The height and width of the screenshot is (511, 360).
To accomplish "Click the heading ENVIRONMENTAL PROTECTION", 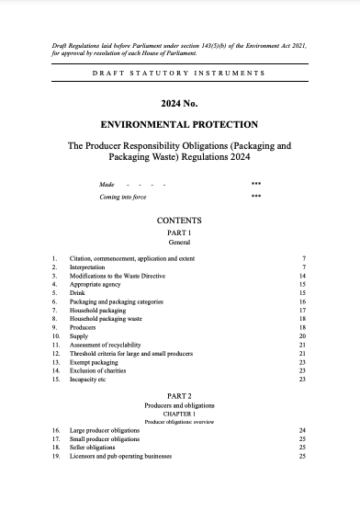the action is click(x=179, y=124).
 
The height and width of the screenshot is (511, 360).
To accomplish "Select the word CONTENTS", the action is click(x=179, y=221).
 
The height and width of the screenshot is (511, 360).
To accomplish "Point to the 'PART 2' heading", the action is click(x=179, y=394).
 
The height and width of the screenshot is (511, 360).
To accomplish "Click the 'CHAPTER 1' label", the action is click(x=179, y=413).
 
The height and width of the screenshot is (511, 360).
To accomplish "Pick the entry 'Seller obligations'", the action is click(x=94, y=448).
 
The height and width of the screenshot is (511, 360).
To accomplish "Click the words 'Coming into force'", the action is click(x=123, y=197).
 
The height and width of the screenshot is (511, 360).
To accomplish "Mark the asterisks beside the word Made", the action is click(x=255, y=184).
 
